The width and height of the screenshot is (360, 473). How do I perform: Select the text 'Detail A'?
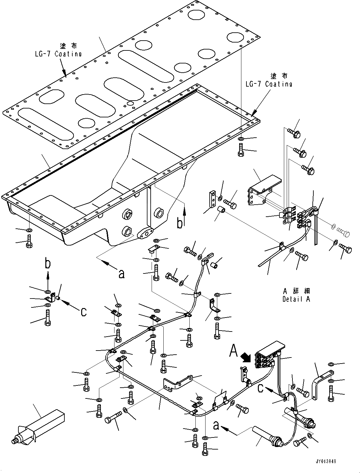[296, 299]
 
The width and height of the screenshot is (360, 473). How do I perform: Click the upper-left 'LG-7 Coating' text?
[58, 54]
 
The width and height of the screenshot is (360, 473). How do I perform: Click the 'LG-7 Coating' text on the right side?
[269, 84]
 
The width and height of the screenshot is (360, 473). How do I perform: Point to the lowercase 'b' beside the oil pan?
[180, 223]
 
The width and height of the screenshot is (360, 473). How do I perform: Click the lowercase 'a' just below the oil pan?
[121, 273]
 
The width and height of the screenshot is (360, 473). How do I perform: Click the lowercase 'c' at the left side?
[83, 312]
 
